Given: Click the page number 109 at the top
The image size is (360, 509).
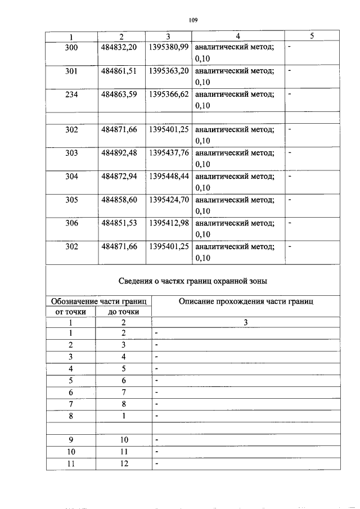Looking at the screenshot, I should click(x=193, y=20).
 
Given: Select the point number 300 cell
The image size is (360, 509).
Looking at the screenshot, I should click(x=71, y=48).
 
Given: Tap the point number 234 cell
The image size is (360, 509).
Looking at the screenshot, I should click(x=71, y=94).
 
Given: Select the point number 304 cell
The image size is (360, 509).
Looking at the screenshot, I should click(x=71, y=176).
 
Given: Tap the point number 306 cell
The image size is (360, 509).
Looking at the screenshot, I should click(x=71, y=223).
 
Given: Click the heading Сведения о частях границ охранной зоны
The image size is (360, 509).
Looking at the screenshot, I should click(x=193, y=281).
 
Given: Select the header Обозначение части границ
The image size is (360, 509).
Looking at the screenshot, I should click(x=99, y=301).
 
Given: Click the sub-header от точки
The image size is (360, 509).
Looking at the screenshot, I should click(x=71, y=312).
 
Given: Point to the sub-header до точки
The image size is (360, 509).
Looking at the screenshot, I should click(x=124, y=312).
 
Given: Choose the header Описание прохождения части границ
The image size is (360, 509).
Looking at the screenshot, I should click(x=246, y=301).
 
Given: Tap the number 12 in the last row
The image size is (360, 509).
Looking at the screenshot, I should click(x=124, y=463).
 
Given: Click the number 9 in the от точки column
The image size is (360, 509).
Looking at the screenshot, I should click(x=71, y=439).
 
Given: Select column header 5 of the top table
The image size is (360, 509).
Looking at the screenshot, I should click(x=312, y=37).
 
